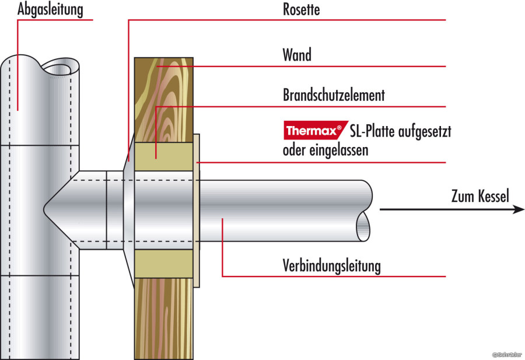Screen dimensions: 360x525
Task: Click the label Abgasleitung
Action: [50, 10]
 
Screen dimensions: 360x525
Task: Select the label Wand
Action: [297, 55]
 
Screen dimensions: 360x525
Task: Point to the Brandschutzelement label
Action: [334, 95]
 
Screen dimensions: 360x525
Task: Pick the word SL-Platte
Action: [374, 131]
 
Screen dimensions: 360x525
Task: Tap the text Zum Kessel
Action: [480, 196]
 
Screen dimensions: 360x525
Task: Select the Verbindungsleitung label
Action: [331, 266]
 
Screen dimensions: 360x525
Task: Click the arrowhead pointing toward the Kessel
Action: [518, 209]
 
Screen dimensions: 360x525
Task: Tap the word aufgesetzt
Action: [422, 131]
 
